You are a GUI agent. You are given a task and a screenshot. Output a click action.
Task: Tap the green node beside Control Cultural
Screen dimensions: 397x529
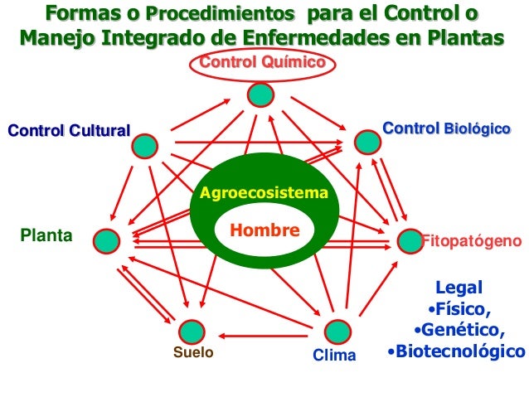coord(144,146)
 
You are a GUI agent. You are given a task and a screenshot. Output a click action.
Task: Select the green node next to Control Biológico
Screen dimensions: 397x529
coord(366,141)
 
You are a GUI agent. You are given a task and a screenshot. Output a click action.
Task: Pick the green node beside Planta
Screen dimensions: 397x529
coord(106,240)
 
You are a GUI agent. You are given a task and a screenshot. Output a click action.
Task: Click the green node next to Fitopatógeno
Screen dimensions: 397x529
coord(410,240)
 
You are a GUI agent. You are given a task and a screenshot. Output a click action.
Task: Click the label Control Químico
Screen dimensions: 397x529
coord(261,63)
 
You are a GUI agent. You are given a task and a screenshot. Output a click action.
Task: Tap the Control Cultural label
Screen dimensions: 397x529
coord(69,131)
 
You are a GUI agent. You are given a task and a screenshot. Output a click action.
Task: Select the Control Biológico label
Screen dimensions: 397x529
coord(445,129)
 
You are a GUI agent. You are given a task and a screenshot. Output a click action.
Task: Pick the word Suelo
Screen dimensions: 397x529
coord(192,353)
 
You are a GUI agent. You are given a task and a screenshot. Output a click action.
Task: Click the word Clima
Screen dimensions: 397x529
coord(334,356)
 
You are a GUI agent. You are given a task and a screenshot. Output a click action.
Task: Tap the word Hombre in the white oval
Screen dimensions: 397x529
coord(263,230)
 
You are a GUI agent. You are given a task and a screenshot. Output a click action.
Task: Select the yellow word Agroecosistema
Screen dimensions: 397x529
coord(264,194)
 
